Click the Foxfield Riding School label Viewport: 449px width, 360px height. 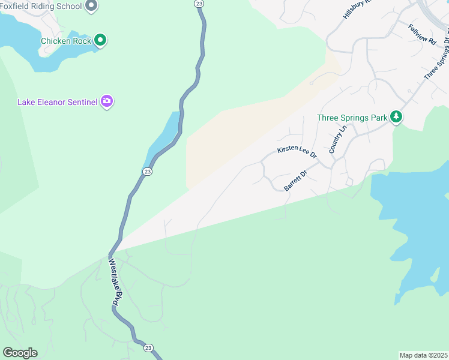(40, 7)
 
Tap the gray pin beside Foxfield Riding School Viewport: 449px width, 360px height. (91, 7)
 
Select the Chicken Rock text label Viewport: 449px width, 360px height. (65, 41)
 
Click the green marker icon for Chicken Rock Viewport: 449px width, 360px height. (100, 41)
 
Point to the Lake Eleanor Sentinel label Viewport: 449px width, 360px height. (57, 102)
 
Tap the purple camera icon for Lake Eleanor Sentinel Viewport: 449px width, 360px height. (107, 101)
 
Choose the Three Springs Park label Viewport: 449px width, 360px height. (352, 118)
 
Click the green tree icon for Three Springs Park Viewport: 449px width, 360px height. (396, 116)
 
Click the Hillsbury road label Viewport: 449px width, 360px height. (358, 9)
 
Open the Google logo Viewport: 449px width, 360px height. (20, 353)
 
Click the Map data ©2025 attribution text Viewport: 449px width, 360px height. (423, 355)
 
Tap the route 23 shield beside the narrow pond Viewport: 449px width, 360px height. (148, 172)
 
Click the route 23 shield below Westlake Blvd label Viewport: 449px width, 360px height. (148, 347)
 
